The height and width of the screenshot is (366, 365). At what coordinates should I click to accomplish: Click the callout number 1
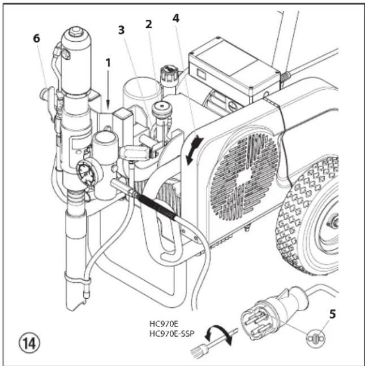click(108, 63)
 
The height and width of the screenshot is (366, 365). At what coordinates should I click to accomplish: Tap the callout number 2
click(148, 24)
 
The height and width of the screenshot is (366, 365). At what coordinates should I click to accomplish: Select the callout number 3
click(121, 30)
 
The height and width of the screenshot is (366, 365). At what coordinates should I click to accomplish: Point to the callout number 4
click(176, 18)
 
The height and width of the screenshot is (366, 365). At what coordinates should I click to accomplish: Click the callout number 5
click(332, 314)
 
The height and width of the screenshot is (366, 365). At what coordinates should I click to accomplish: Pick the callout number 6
click(36, 38)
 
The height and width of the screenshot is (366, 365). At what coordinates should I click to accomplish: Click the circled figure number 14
click(29, 343)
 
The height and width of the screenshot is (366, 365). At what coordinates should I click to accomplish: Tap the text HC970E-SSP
click(172, 334)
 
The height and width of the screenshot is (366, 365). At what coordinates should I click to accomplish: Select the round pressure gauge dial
click(85, 172)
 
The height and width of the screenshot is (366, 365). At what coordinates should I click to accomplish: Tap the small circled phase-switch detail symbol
click(316, 338)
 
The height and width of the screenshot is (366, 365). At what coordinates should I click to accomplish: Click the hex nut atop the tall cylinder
click(75, 30)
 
